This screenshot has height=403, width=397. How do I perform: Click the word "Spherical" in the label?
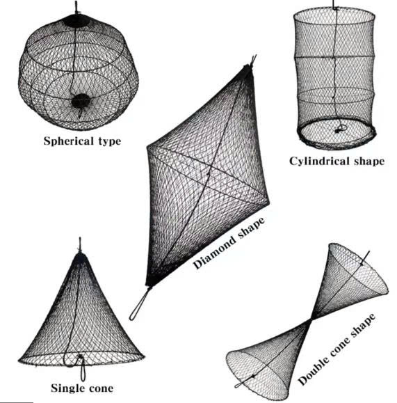coord(68,141)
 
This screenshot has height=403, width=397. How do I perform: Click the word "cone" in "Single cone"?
coord(101,388)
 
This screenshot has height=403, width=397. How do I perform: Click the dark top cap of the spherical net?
coord(76,20)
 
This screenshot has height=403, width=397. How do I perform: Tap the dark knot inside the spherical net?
coord(81,100)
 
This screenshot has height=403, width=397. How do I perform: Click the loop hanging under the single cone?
coord(83,370)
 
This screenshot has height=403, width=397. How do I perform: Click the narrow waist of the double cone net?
coord(311,320)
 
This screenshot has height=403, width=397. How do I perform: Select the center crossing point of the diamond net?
coord(209,172)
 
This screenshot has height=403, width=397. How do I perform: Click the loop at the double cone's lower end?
coord(241,384)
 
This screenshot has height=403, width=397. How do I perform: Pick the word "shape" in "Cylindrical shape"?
coord(369,162)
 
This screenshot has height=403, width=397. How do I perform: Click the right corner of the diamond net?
coord(268,203)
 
